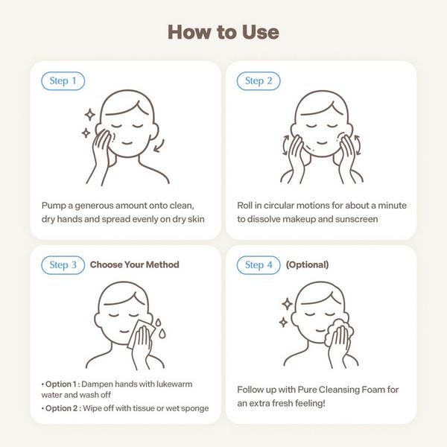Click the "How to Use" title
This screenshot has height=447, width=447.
[x=223, y=32]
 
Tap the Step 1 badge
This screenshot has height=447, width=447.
[x=63, y=81]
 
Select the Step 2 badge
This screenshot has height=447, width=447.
[x=259, y=81]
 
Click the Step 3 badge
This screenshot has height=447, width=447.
[x=63, y=265]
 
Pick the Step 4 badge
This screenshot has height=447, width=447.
[x=259, y=265]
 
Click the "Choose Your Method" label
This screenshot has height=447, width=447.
[x=135, y=264]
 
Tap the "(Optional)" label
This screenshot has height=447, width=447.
[x=307, y=264]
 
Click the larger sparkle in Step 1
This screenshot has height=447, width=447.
[x=90, y=115]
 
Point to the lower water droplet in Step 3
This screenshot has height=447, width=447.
[x=162, y=334]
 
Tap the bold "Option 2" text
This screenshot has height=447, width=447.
[x=61, y=408]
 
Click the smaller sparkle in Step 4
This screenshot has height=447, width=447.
[x=283, y=323]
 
